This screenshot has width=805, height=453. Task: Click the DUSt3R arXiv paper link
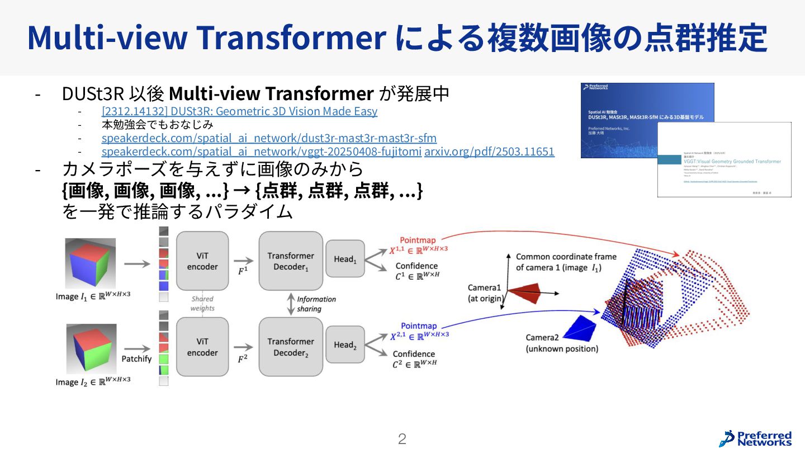(239, 111)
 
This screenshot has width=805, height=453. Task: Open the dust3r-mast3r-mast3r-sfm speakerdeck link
(269, 138)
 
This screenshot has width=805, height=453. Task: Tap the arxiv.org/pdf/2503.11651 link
(489, 152)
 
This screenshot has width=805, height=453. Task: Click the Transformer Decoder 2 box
(291, 347)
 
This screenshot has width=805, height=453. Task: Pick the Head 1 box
(345, 258)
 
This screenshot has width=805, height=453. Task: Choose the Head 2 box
(345, 345)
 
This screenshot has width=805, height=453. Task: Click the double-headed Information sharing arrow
(291, 304)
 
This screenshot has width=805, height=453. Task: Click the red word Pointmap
(418, 240)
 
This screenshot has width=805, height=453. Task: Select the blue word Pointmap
(419, 326)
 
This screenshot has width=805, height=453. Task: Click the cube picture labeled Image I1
(91, 263)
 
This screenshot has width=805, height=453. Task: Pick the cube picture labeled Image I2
(90, 349)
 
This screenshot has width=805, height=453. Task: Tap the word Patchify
(136, 358)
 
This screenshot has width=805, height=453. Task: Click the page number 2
(402, 439)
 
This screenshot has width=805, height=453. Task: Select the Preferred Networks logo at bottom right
(755, 438)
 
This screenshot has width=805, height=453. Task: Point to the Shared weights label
(202, 304)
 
